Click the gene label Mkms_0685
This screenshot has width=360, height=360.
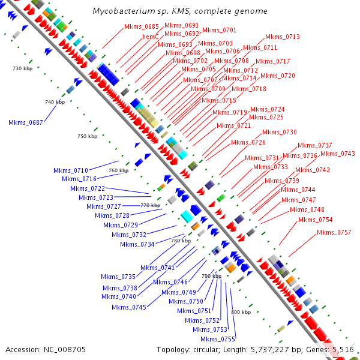(x=142, y=26)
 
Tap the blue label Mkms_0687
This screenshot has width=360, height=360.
(x=25, y=122)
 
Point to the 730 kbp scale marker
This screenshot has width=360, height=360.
(x=21, y=68)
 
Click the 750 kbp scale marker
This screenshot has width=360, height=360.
(x=87, y=137)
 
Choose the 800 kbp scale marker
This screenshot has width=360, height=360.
(x=241, y=312)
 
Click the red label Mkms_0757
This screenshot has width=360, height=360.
(x=334, y=232)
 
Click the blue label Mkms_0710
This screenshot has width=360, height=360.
(x=70, y=170)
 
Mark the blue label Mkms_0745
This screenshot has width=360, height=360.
(x=128, y=307)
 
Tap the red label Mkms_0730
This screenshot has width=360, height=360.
(x=279, y=132)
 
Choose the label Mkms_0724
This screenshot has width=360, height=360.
(x=267, y=109)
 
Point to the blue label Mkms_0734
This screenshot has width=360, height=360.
(x=137, y=244)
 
